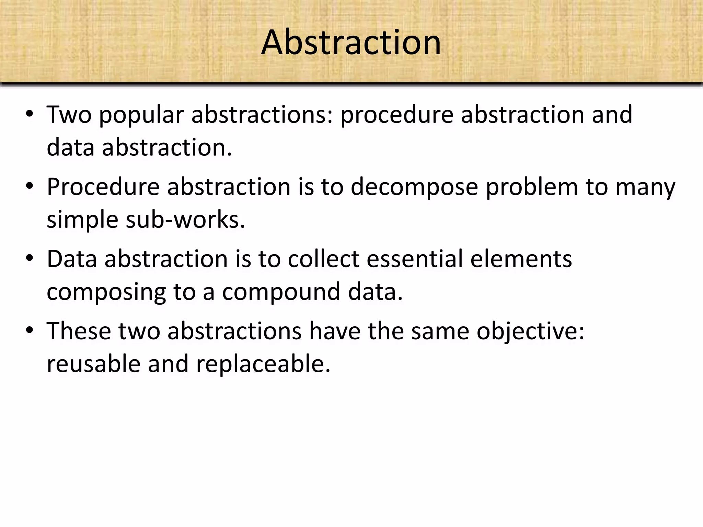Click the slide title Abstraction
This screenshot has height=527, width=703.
tap(351, 43)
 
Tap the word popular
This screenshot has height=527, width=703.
tap(141, 116)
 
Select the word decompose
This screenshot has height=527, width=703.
tap(414, 188)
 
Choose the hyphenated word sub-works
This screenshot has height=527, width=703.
tap(185, 220)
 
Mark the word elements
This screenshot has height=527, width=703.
tap(521, 259)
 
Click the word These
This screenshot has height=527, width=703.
tap(79, 331)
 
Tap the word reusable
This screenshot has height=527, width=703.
tap(93, 364)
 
